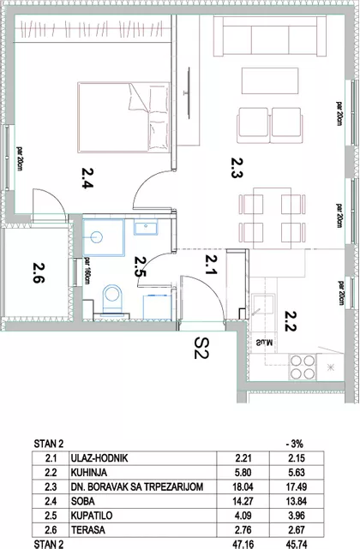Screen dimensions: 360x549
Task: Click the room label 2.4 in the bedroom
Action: tap(87, 178)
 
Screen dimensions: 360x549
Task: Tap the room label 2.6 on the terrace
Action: tap(39, 272)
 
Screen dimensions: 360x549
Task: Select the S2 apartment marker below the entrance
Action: tap(201, 348)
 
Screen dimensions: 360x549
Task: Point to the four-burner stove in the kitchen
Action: tap(303, 367)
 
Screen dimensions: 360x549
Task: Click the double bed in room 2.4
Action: tap(123, 117)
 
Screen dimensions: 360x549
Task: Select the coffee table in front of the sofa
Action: tap(270, 81)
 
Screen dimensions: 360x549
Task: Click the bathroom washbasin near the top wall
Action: tap(146, 227)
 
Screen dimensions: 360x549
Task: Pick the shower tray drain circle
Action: tap(96, 238)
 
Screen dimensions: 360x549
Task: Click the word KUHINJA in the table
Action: tap(88, 473)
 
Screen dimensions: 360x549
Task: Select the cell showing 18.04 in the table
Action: tap(243, 487)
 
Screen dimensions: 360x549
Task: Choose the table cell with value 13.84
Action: tap(297, 501)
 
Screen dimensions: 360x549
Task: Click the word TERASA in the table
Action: tap(88, 530)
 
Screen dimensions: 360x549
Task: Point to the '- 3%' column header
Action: tap(294, 445)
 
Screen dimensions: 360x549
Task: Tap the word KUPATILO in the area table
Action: tap(92, 516)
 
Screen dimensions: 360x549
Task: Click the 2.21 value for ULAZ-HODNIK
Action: tap(243, 458)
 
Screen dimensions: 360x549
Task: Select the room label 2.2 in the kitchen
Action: tap(291, 321)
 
